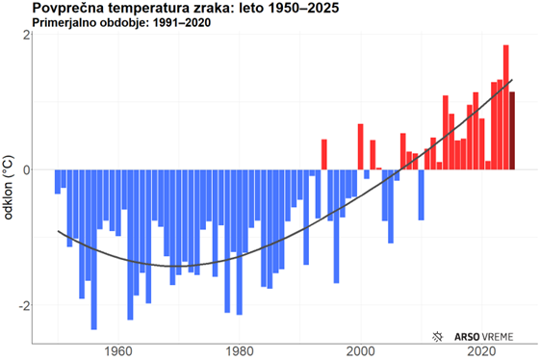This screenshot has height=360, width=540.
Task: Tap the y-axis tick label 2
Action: click(x=26, y=35)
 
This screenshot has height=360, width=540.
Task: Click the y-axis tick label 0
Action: click(x=26, y=170)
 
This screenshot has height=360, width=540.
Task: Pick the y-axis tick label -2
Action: click(x=23, y=306)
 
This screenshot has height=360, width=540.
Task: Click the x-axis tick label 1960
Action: click(x=118, y=352)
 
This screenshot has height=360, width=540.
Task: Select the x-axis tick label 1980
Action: click(x=240, y=352)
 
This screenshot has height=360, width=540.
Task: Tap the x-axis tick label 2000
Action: click(x=361, y=352)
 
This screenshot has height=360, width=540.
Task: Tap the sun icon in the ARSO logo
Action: click(x=439, y=336)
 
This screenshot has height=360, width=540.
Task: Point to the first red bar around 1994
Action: click(x=324, y=154)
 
